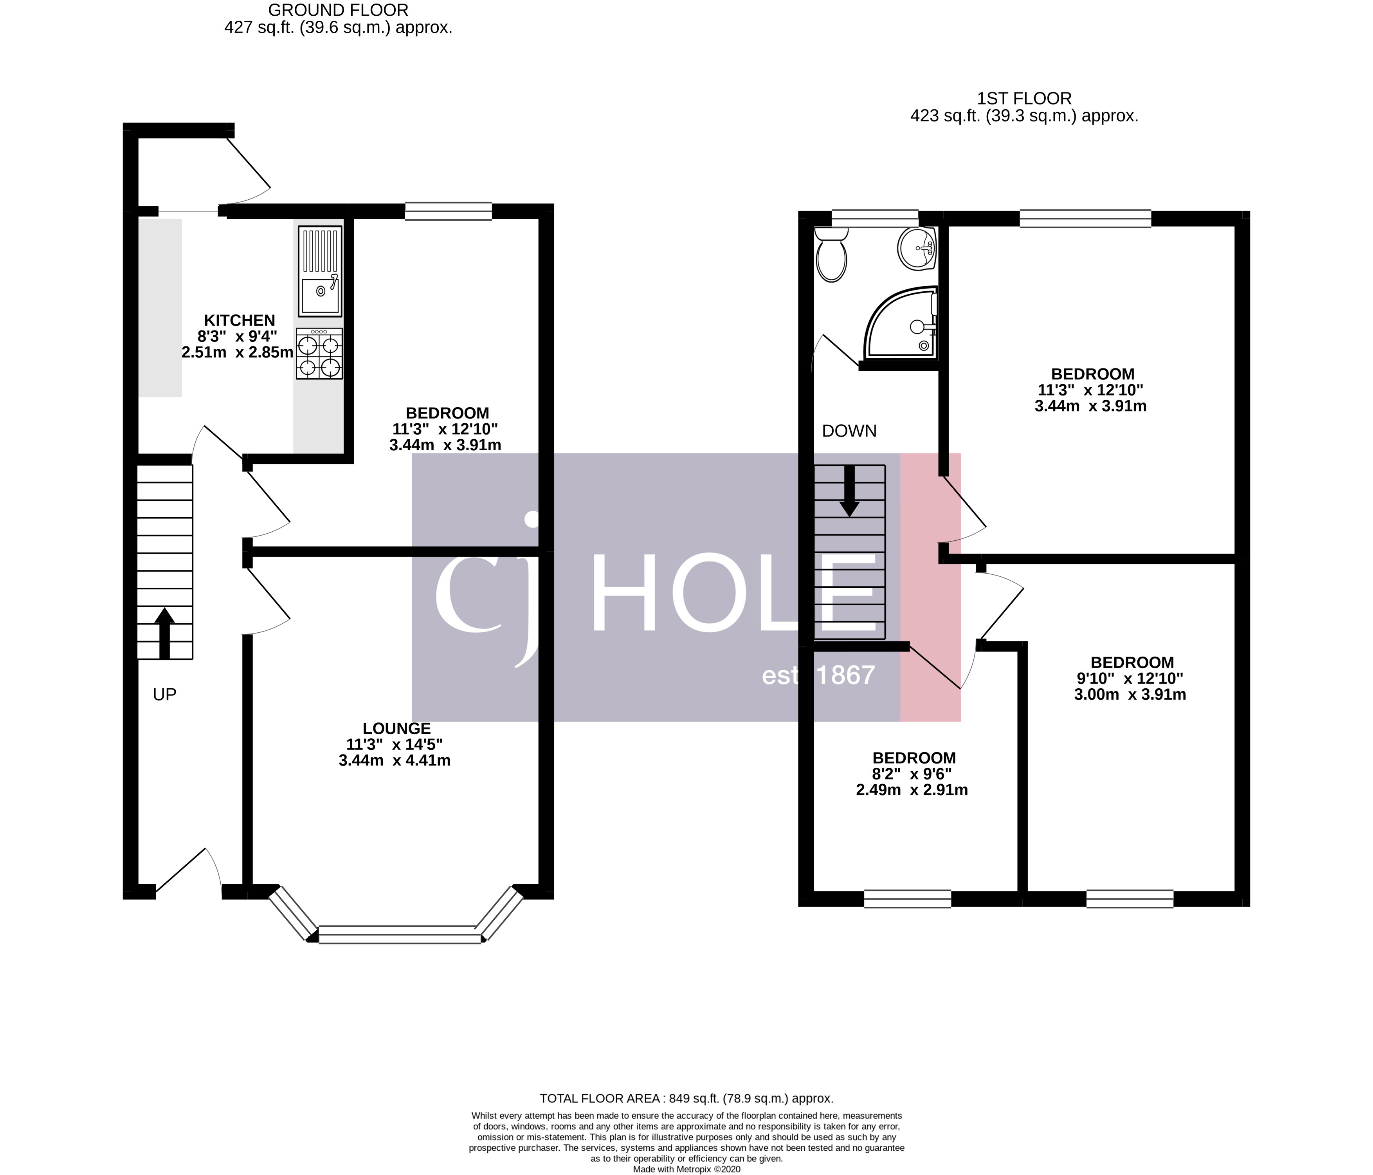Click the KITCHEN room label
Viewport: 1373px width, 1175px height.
coord(239,321)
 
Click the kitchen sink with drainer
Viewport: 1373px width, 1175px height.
coord(320,271)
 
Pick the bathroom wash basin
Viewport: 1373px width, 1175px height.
coord(917,248)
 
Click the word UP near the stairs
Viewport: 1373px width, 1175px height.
coord(164,695)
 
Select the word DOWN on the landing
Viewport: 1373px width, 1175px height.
coord(849,431)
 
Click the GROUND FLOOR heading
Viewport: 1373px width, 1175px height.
coord(338,10)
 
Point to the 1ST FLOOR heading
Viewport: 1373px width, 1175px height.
coord(1024,99)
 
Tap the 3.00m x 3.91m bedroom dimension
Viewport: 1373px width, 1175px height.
coord(1130,695)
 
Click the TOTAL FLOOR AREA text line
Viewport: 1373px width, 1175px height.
coord(686,1098)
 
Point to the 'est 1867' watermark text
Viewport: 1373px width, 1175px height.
coord(818,675)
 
